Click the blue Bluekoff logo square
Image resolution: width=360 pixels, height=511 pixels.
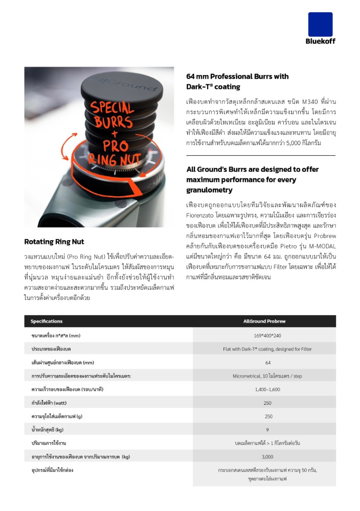click(320, 24)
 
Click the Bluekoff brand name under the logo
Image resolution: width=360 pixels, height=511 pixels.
click(320, 41)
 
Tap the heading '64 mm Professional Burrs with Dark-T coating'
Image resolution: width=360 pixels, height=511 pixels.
click(237, 82)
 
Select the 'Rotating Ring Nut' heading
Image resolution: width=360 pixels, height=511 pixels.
click(54, 242)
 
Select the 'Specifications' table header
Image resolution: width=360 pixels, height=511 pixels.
click(47, 321)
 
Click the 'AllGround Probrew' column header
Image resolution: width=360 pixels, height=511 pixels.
click(264, 321)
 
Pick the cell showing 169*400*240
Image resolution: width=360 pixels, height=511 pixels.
click(267, 335)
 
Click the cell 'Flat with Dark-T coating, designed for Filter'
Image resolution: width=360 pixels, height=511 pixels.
click(267, 349)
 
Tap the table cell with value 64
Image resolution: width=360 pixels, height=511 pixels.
click(267, 362)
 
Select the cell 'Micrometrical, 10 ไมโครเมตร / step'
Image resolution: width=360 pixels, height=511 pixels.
click(267, 376)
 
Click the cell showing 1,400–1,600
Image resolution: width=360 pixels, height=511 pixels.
click(267, 389)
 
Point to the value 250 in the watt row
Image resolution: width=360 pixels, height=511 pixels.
click(267, 403)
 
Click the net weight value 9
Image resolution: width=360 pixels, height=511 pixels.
click(267, 429)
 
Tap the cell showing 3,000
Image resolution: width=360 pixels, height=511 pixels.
click(267, 456)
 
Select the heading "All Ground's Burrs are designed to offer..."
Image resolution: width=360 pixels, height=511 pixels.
click(252, 179)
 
